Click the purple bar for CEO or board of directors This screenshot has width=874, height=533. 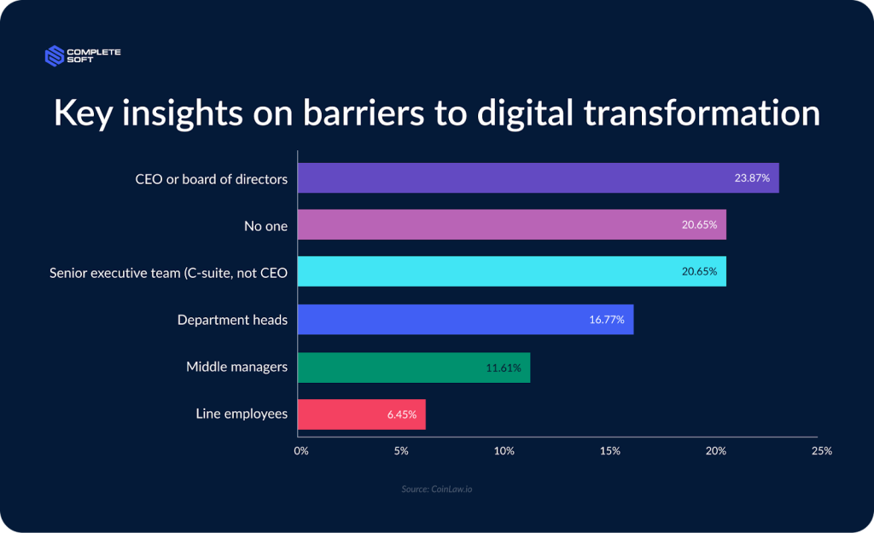tap(538, 178)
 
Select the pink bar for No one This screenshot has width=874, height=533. tap(511, 225)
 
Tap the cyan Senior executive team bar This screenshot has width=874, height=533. tap(511, 272)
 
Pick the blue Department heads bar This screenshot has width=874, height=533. tap(465, 320)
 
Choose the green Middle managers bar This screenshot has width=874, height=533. tap(413, 368)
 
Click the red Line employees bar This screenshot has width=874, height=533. tap(361, 414)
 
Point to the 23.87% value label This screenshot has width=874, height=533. tap(752, 179)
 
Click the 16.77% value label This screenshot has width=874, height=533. tap(607, 320)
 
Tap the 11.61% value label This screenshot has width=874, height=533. tap(504, 368)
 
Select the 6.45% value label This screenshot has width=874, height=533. tap(401, 415)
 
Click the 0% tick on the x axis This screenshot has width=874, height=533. tap(300, 450)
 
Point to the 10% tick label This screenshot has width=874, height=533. tap(504, 450)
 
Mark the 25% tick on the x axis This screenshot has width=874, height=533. tap(821, 450)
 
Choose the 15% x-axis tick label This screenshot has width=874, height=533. tap(610, 450)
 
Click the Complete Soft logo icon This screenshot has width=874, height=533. tap(55, 56)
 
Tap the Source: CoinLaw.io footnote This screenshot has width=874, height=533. tap(436, 490)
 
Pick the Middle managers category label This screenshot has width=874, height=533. tap(236, 368)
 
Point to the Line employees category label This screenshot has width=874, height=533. tap(242, 414)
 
